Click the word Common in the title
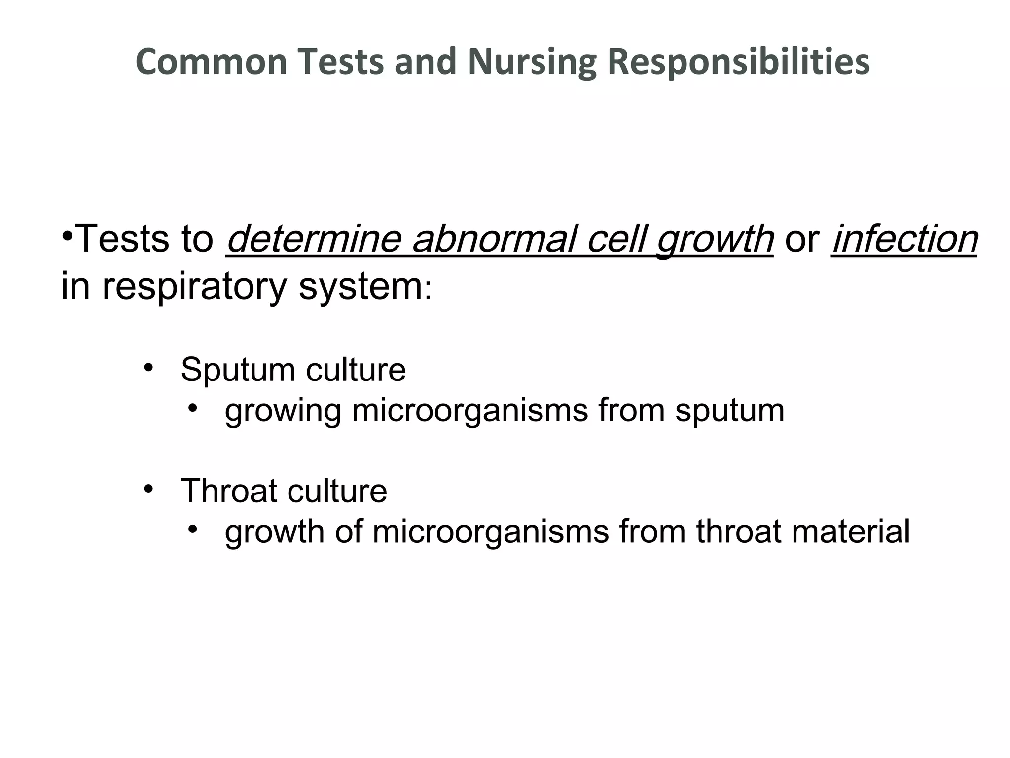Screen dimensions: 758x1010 [x=211, y=62]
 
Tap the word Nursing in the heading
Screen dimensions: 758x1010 [x=532, y=63]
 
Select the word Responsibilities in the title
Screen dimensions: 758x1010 [x=738, y=63]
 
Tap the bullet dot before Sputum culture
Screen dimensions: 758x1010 [x=148, y=368]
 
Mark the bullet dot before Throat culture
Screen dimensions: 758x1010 [x=148, y=489]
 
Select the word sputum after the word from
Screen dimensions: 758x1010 [x=729, y=412]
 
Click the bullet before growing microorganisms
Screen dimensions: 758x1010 [x=192, y=408]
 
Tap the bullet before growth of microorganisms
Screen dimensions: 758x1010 [x=192, y=530]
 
